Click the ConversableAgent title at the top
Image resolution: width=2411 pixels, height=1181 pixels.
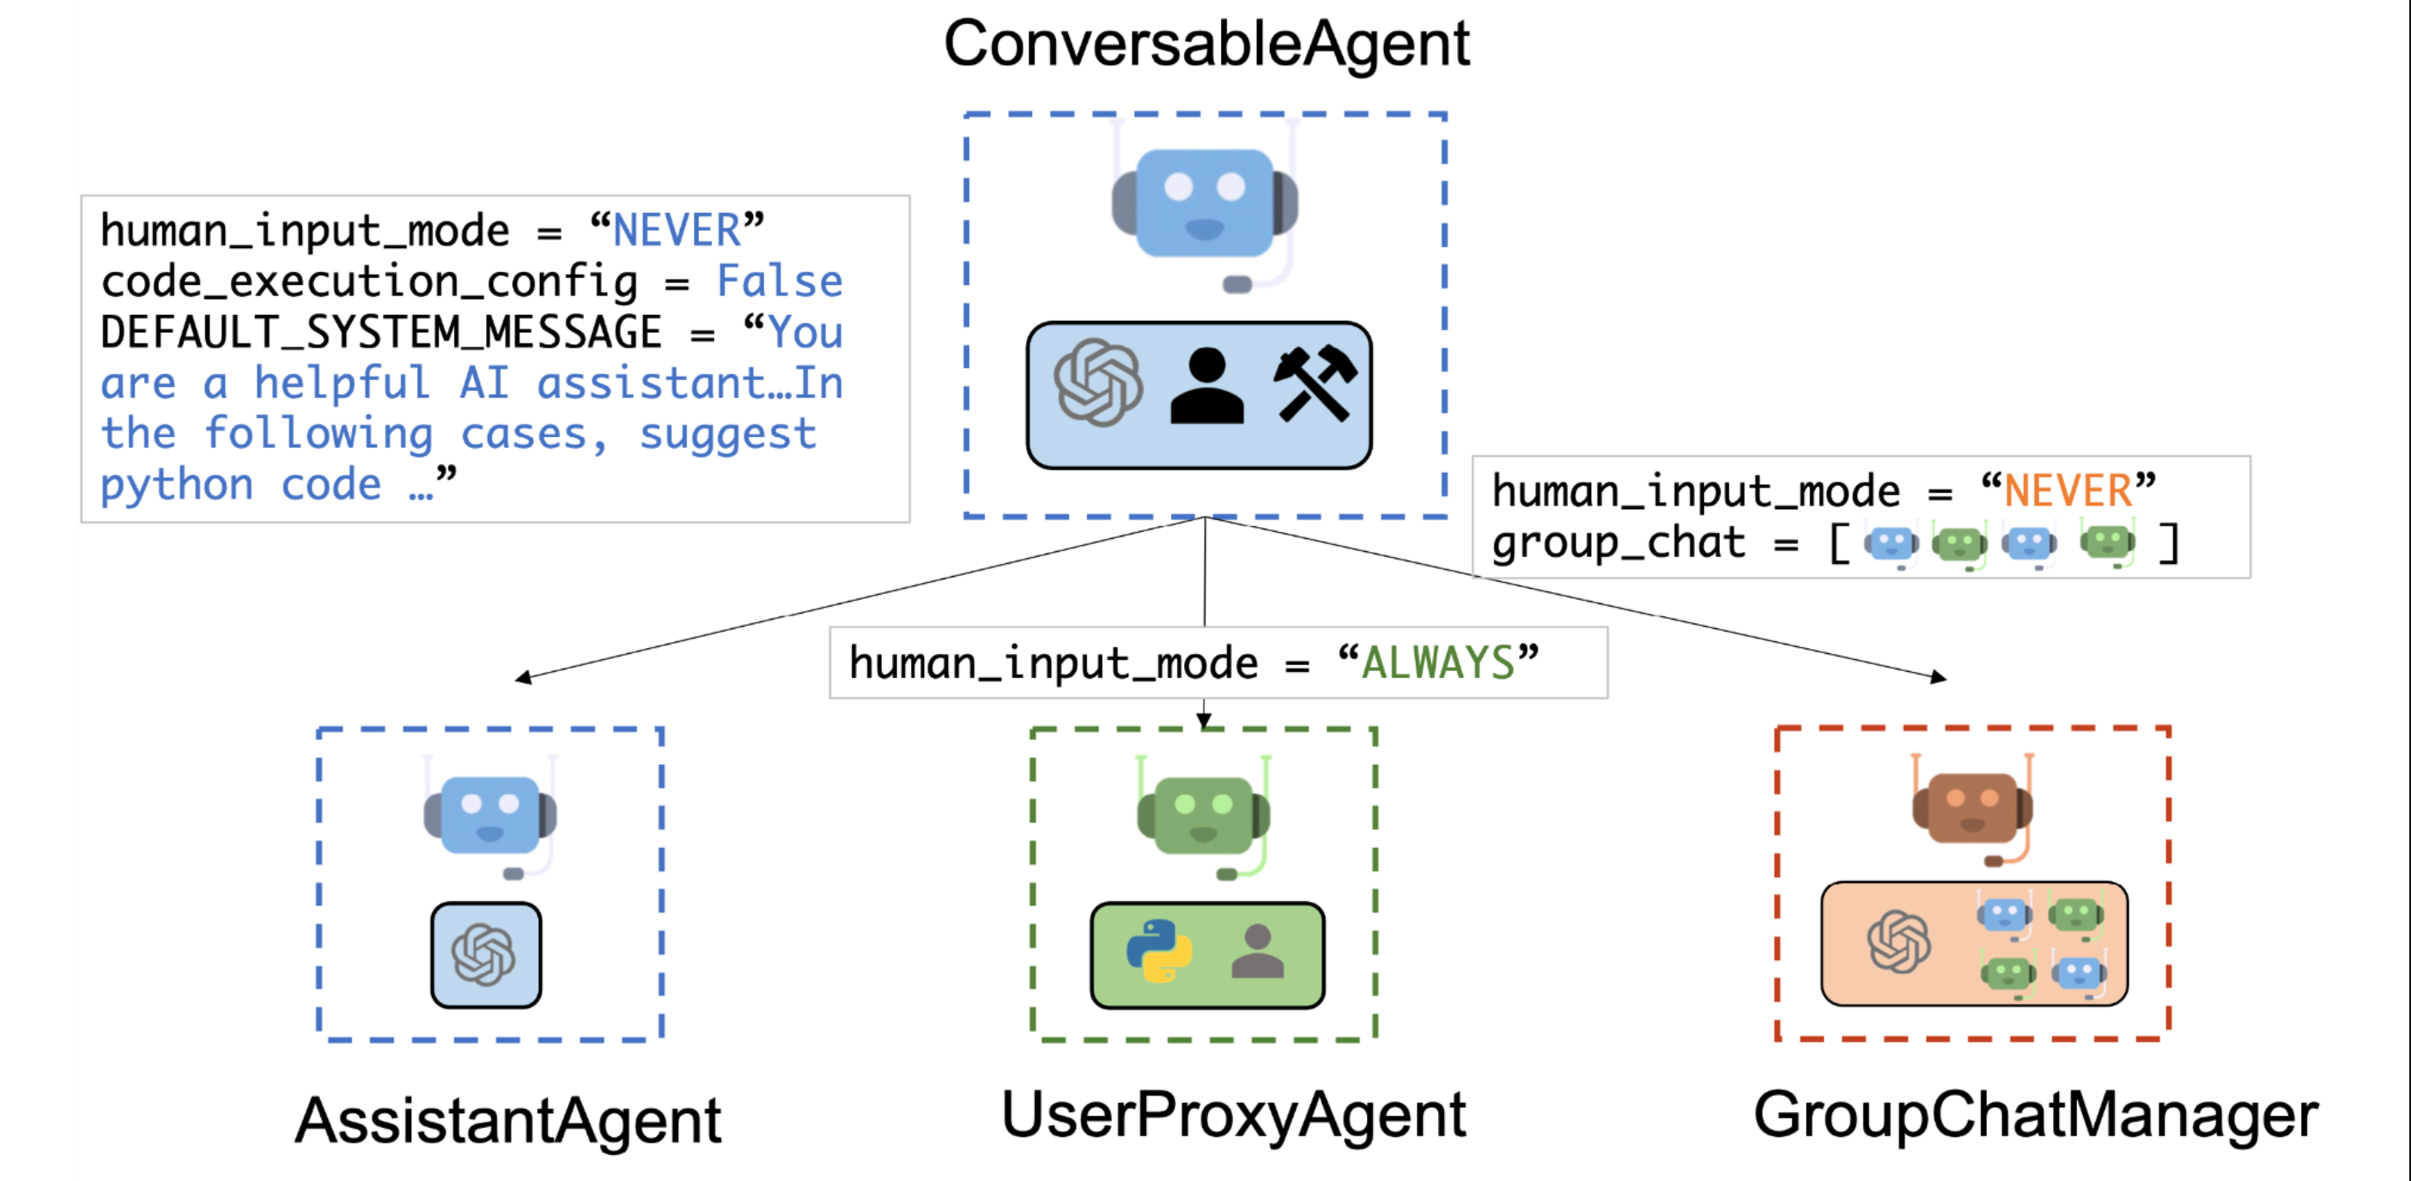[x=1206, y=45]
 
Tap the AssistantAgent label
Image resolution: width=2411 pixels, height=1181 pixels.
[x=508, y=1120]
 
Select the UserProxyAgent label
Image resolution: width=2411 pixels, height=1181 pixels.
[x=1234, y=1116]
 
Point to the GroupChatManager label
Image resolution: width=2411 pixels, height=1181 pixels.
[x=2036, y=1116]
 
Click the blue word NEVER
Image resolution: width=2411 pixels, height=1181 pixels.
[x=677, y=230]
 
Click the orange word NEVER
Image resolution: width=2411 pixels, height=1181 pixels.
[x=2068, y=490]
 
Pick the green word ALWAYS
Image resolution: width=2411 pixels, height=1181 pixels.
[x=1437, y=663]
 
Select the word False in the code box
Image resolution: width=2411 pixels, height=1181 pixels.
[x=780, y=281]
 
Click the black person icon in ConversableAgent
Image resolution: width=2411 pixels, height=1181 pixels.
[x=1207, y=385]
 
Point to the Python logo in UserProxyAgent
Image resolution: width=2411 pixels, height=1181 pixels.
[x=1158, y=951]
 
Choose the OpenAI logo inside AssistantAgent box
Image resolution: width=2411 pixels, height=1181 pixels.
[x=484, y=954]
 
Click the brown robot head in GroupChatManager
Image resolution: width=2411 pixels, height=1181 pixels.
[x=1972, y=809]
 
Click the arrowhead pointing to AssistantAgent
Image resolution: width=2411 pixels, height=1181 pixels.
[x=523, y=677]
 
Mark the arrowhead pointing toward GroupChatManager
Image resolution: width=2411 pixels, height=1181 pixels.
[x=1939, y=676]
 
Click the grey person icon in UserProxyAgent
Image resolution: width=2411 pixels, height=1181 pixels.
[x=1258, y=951]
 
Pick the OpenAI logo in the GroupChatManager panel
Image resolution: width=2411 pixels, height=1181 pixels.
[x=1899, y=942]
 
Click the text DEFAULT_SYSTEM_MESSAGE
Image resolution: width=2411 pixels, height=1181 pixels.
[x=381, y=332]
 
